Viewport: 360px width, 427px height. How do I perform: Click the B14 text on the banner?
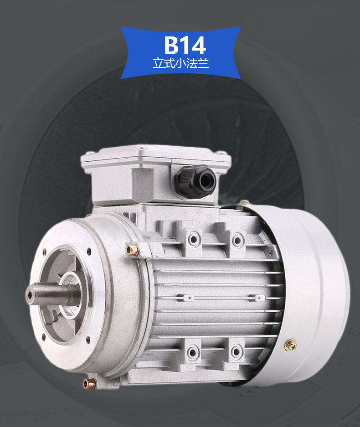[185, 45]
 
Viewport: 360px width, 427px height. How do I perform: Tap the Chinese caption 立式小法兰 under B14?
[180, 63]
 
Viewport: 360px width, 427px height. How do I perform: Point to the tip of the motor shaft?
[29, 294]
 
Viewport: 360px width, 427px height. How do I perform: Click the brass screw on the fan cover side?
[291, 345]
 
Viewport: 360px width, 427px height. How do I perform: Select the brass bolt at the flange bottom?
[89, 384]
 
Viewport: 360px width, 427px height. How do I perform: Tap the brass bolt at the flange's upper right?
[132, 249]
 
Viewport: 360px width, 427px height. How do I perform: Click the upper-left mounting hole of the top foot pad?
[193, 239]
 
